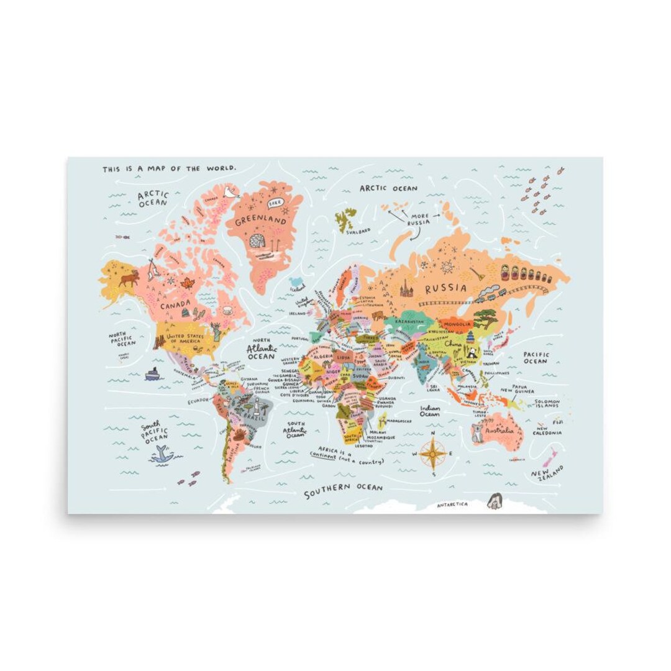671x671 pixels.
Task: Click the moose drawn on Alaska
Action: point(129,278)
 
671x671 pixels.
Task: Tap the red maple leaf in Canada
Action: point(187,284)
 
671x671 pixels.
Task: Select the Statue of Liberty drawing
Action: point(216,331)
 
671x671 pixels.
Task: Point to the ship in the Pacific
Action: point(153,373)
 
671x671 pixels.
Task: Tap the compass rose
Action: point(431,453)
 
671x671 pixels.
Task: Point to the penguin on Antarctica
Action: point(494,501)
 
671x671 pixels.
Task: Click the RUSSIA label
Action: point(445,288)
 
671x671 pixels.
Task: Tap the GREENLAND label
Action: point(260,221)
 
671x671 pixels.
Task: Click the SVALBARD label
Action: point(358,231)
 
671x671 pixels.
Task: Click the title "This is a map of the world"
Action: point(169,168)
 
